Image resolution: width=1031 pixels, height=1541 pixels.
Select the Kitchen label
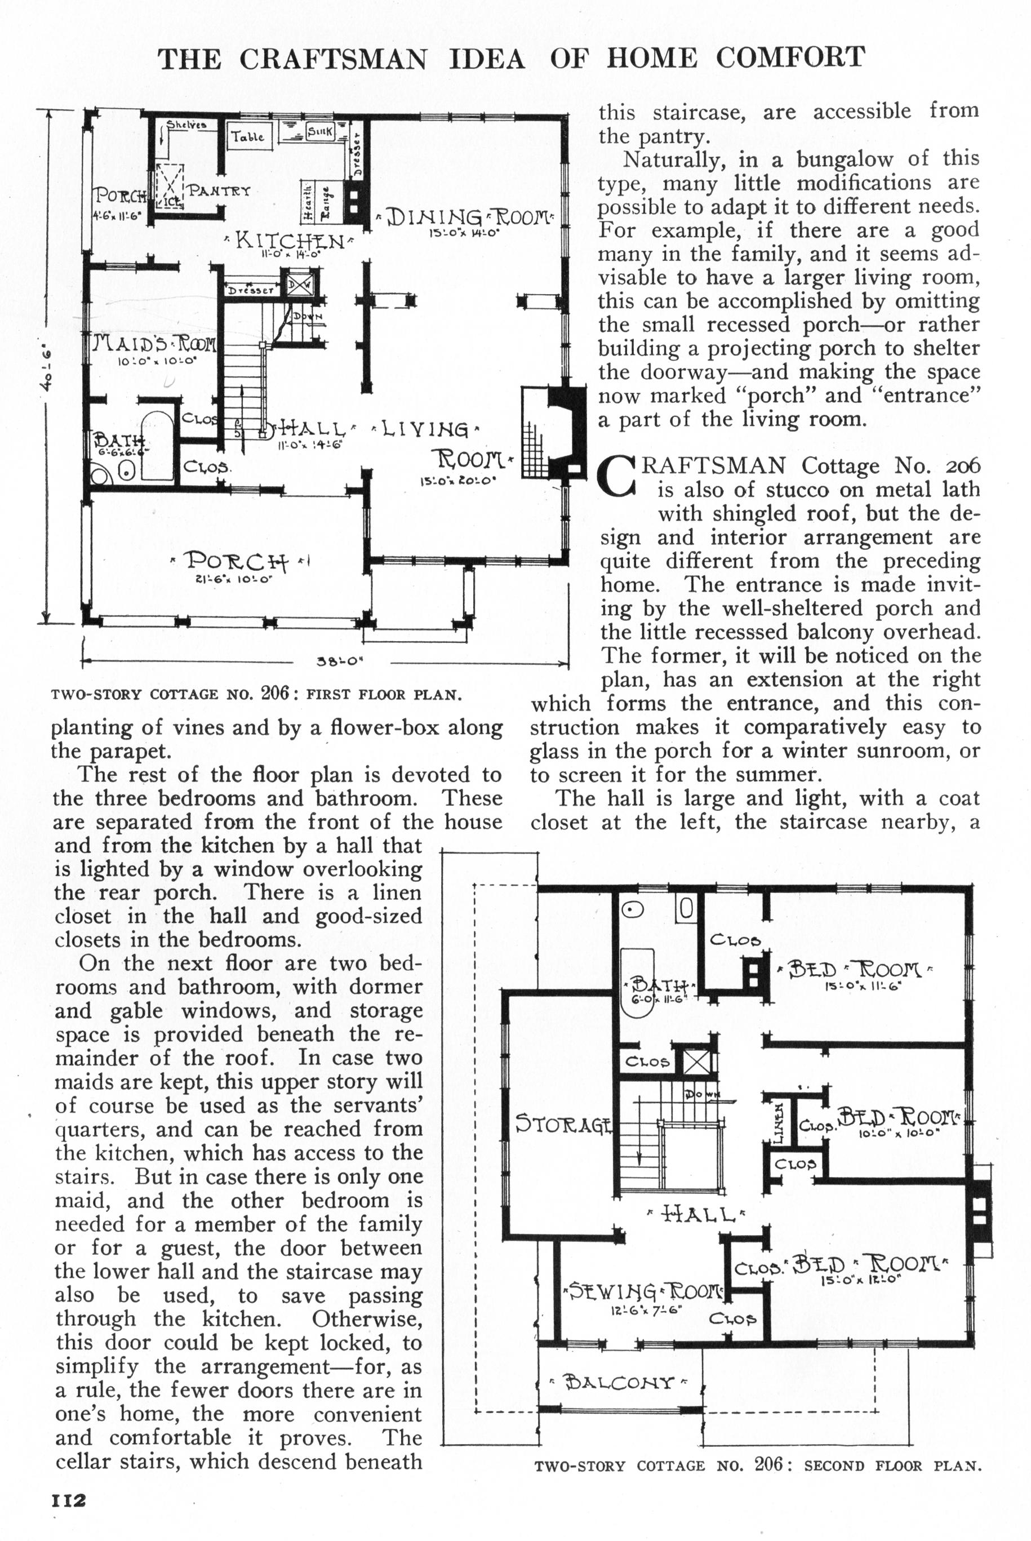(290, 241)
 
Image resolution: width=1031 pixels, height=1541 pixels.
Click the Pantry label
(220, 192)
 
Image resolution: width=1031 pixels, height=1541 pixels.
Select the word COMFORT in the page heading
(790, 58)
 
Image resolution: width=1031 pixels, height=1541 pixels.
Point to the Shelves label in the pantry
(186, 123)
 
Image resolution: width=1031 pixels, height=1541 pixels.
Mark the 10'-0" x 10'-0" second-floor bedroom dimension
(899, 1133)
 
